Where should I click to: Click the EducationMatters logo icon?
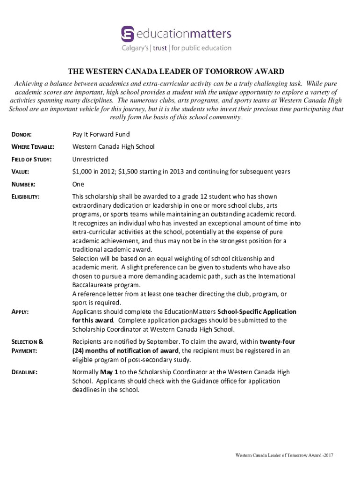[x=127, y=34]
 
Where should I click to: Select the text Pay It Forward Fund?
[x=101, y=134]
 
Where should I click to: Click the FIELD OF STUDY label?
[x=31, y=160]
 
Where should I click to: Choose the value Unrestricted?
[x=90, y=159]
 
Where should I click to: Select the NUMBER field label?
[x=23, y=184]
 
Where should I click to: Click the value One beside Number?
[x=78, y=184]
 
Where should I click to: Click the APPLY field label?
[x=20, y=312]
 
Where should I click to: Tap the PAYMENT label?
[x=24, y=351]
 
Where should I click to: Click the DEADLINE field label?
[x=24, y=372]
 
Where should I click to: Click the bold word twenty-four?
[x=277, y=341]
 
